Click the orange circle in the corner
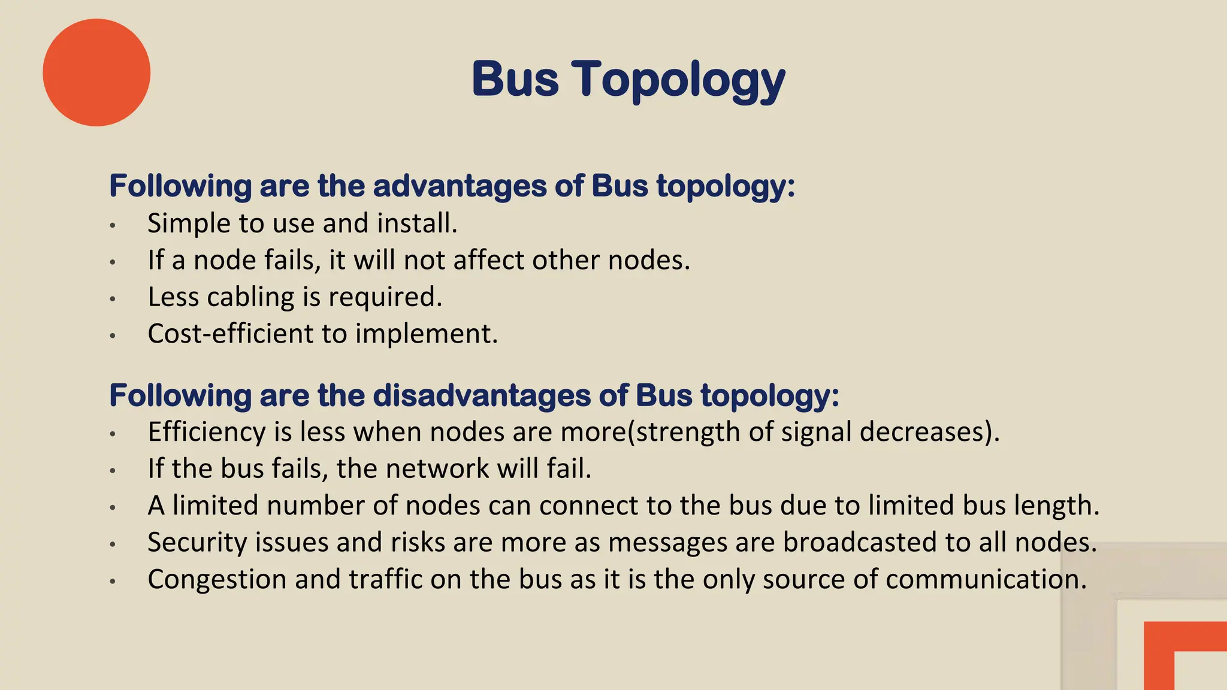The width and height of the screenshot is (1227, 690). coord(96,72)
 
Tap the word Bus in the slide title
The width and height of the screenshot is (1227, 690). coord(515,79)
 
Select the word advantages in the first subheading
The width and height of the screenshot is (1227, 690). coord(460,186)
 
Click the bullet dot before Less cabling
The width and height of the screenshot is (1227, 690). coord(112,298)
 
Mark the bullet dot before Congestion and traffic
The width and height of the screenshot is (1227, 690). coord(112,581)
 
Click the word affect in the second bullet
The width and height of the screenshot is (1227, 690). coord(488,261)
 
